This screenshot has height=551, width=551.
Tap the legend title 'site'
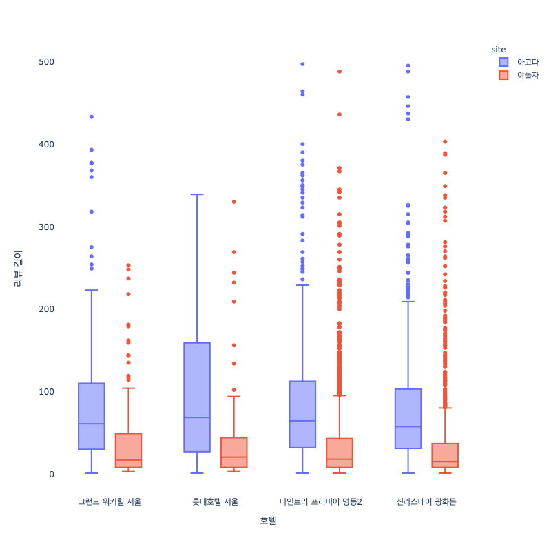(499, 50)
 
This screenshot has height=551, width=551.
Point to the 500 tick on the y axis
(46, 62)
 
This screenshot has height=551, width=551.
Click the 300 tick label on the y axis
(46, 227)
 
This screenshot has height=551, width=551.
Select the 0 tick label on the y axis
(51, 474)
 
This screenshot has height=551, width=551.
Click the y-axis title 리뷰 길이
(18, 268)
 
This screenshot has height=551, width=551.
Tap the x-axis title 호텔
(268, 521)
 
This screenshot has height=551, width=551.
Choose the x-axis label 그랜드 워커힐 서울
(110, 501)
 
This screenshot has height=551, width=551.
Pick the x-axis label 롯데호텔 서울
(215, 501)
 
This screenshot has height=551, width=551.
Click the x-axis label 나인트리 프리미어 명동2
(320, 501)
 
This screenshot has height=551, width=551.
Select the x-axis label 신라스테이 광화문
(426, 501)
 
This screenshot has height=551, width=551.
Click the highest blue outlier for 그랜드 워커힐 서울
(92, 117)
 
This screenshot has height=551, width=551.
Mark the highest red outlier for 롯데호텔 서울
(233, 202)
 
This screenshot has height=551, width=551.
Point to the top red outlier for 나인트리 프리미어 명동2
(340, 72)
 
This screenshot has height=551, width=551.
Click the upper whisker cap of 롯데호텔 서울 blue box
(197, 195)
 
